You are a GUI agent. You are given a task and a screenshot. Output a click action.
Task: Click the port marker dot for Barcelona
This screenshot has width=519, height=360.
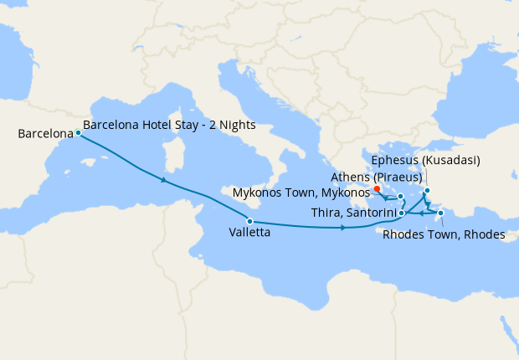click(78, 132)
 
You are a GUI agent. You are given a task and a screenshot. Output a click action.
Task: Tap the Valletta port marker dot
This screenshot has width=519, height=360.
click(249, 221)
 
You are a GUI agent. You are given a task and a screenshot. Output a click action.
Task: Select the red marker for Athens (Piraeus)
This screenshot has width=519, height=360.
click(378, 188)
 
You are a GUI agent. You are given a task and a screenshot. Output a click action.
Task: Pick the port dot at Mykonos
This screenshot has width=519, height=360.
click(401, 197)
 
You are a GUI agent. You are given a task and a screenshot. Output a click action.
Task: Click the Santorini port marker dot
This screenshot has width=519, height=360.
click(402, 213)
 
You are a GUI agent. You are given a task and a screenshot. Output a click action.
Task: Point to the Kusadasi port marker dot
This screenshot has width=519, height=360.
click(427, 190)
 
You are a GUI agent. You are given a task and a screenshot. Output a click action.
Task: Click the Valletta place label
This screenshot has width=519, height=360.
click(249, 234)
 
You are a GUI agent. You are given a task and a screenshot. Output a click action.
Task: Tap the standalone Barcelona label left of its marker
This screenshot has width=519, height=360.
click(39, 134)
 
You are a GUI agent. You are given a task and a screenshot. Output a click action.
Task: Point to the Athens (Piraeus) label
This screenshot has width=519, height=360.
click(377, 177)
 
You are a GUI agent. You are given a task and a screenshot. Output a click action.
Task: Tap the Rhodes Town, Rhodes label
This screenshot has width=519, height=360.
click(444, 234)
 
